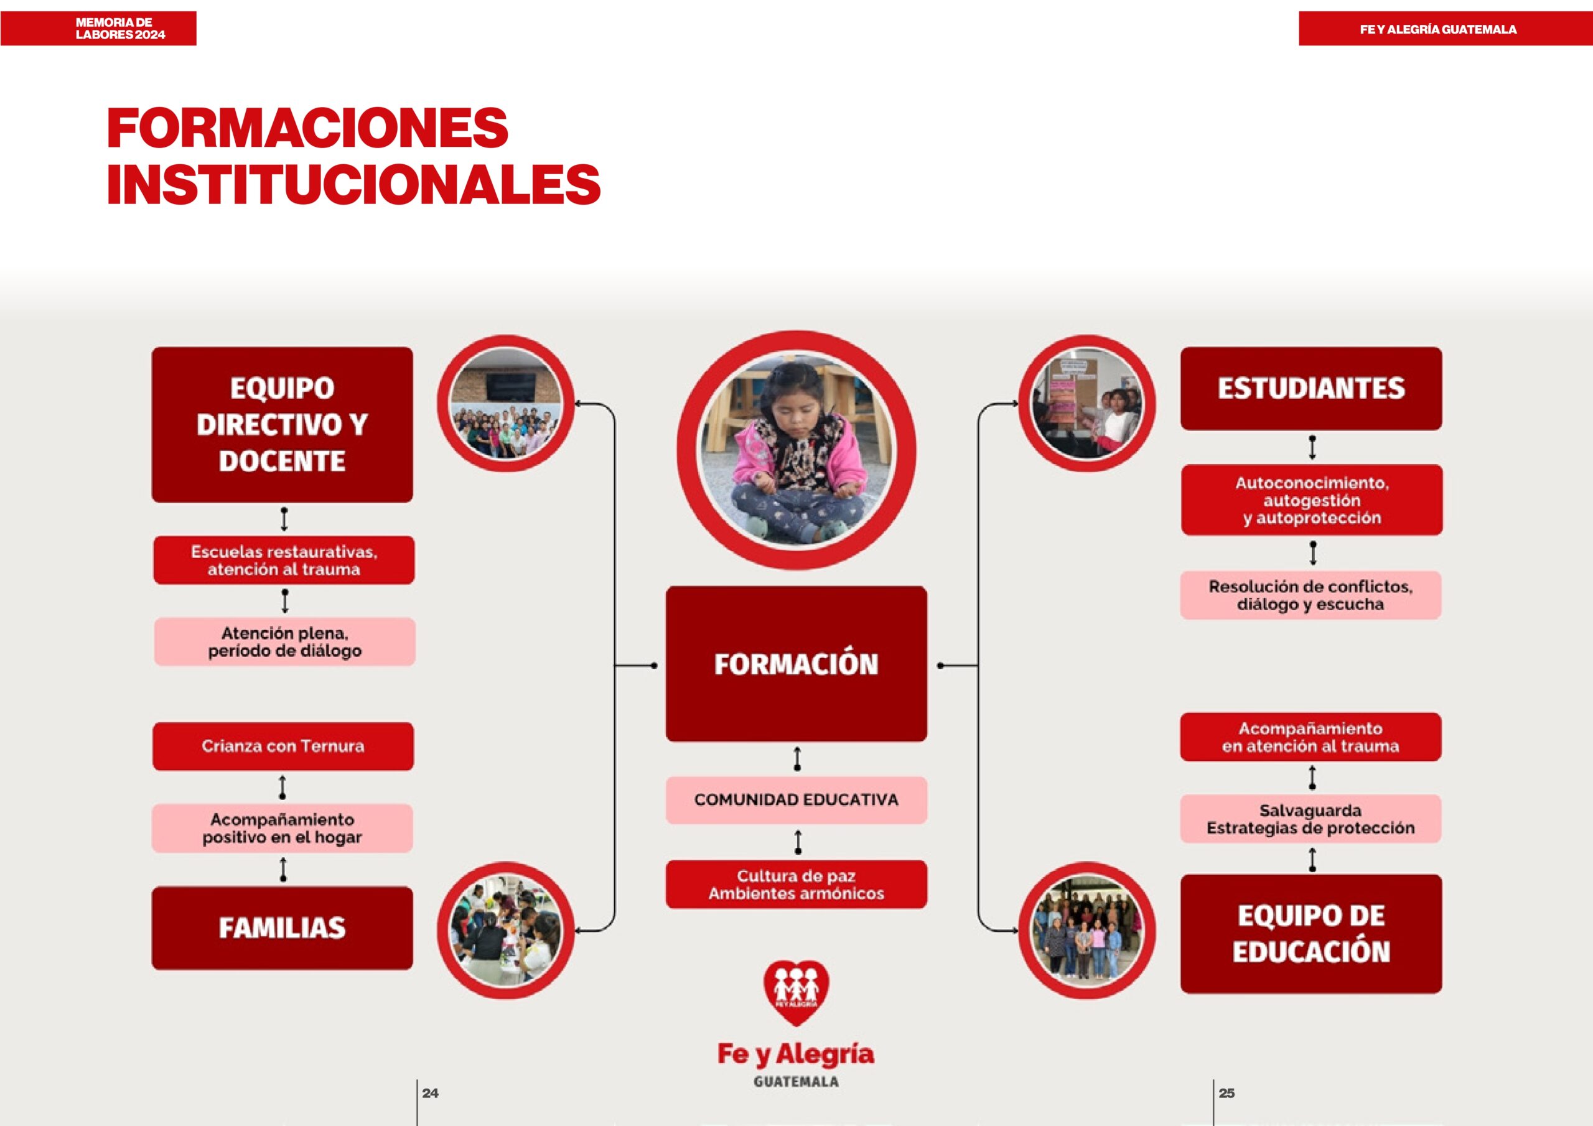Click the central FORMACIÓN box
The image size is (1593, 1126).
point(796,664)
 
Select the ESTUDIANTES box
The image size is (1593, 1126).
point(1310,389)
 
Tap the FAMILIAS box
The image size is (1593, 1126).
point(283,928)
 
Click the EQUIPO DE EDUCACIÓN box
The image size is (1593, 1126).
point(1310,933)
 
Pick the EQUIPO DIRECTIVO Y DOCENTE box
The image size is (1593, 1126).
point(283,425)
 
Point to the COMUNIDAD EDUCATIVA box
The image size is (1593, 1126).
point(796,800)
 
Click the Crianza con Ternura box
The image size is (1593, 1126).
point(283,747)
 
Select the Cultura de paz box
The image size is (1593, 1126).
point(796,885)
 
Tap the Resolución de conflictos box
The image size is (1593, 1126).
point(1310,595)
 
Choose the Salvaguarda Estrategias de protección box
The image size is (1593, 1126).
point(1310,819)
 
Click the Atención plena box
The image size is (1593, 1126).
point(284,642)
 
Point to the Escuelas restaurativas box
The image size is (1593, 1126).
point(284,560)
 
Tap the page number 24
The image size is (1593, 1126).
point(430,1092)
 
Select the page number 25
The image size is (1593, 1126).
point(1226,1092)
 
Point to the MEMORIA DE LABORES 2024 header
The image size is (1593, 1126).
point(121,29)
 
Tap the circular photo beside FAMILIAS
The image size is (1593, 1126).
point(506,931)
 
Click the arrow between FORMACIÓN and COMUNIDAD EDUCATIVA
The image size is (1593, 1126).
point(797,759)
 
